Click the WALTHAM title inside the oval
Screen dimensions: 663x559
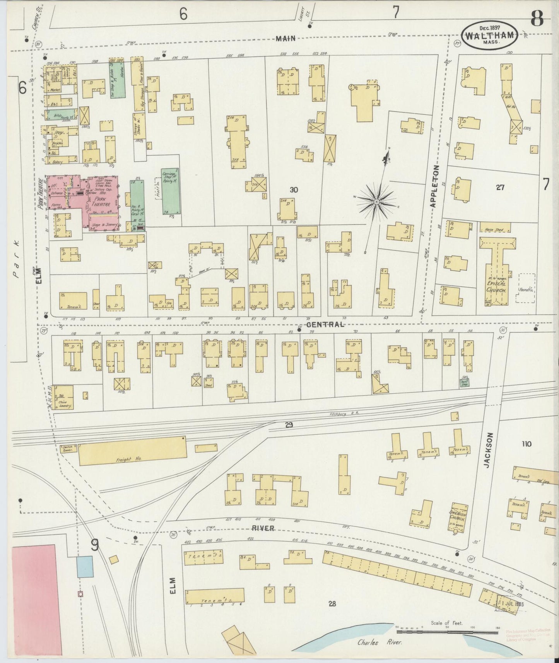coord(490,36)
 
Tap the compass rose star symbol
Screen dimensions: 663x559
coord(376,202)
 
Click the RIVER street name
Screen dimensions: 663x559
coord(263,528)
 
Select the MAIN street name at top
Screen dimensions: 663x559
coord(286,38)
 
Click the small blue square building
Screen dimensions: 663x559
coord(85,567)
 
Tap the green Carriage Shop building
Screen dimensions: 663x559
coord(170,191)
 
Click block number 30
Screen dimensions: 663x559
coord(294,190)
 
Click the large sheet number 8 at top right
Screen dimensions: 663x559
coord(537,18)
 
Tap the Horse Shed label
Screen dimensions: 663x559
coord(494,230)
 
